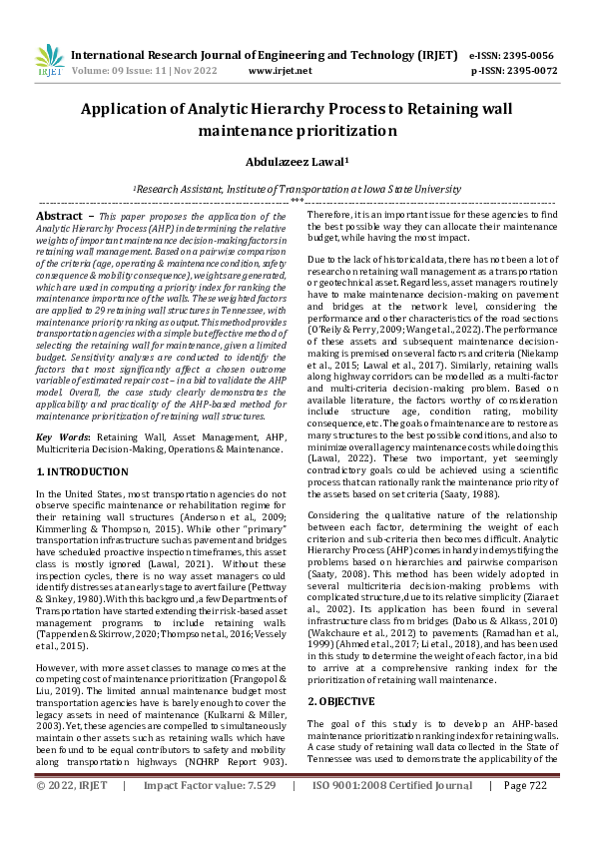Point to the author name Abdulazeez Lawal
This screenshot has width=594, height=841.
297,160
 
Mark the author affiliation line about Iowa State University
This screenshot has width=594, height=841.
297,188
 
